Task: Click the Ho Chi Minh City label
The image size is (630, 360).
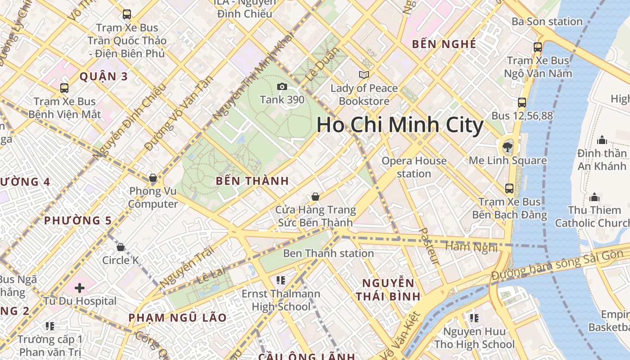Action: tap(400, 125)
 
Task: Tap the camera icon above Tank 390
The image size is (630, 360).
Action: tap(282, 86)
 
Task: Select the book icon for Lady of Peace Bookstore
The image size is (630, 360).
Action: tap(364, 75)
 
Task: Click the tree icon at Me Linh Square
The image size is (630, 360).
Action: tap(507, 146)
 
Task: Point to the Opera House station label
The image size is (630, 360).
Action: tap(414, 167)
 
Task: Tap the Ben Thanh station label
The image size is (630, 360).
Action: tap(328, 253)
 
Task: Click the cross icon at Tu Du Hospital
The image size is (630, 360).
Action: tap(80, 288)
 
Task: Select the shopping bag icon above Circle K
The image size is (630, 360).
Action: tap(121, 247)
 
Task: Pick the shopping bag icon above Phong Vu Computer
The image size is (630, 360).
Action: tap(153, 178)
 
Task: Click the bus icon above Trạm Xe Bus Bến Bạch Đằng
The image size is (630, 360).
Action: tap(509, 188)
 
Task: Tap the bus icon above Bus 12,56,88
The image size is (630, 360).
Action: tap(522, 103)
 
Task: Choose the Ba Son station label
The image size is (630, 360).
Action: tap(547, 22)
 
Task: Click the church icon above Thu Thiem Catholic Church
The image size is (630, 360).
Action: tap(594, 197)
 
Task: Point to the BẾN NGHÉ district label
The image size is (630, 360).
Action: tap(444, 44)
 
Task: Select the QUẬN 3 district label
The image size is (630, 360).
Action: tap(104, 76)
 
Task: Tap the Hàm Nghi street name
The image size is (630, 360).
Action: tap(471, 247)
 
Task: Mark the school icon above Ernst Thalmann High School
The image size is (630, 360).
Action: tap(281, 280)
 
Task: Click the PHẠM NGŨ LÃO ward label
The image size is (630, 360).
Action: tap(178, 318)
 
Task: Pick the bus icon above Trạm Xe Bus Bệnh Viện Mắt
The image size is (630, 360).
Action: tap(64, 88)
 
